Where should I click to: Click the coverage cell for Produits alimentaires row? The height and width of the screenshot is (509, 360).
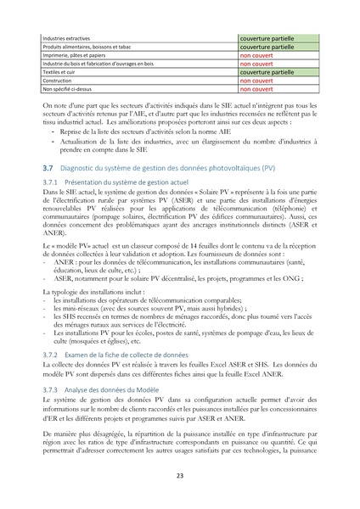271,48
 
